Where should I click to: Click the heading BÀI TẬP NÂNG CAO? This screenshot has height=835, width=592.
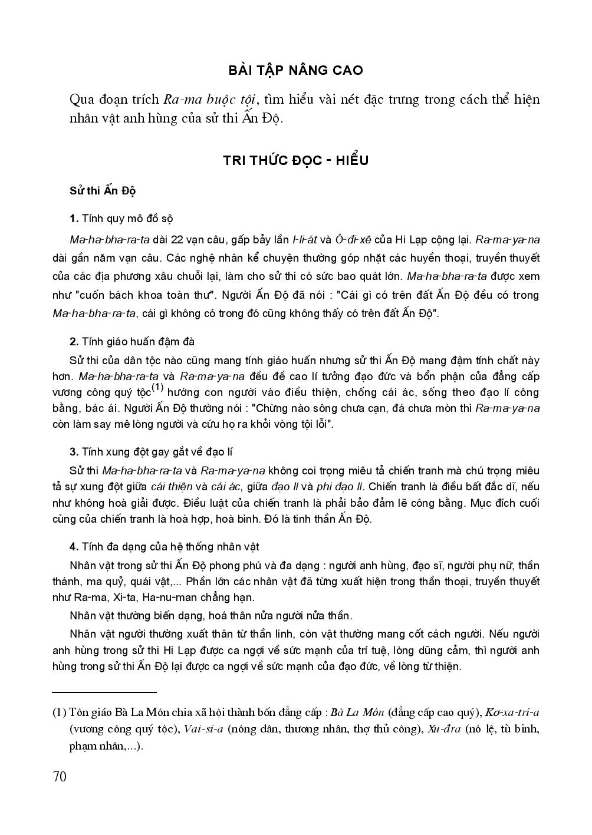click(x=295, y=70)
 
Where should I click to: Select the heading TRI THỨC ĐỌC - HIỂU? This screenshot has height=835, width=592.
click(x=295, y=160)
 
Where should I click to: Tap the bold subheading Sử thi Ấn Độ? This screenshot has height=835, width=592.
click(x=103, y=192)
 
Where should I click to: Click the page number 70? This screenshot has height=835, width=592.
click(x=60, y=777)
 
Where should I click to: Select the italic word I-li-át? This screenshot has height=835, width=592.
click(x=305, y=240)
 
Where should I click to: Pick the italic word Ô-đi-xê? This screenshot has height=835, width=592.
click(x=351, y=240)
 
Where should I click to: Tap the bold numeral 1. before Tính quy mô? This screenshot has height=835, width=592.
click(x=74, y=219)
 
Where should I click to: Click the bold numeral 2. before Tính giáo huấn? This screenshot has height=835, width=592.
click(x=74, y=342)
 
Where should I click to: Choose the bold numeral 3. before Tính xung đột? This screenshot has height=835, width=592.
click(x=74, y=452)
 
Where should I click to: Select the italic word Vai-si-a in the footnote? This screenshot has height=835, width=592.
click(x=203, y=730)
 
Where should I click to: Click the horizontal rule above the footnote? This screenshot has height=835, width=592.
click(x=104, y=693)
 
